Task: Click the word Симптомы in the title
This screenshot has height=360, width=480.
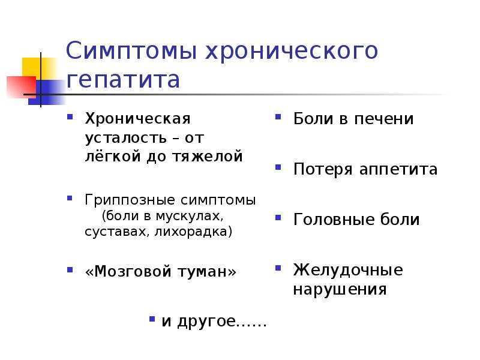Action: [x=131, y=52]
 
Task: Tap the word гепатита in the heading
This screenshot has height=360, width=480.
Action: [x=124, y=80]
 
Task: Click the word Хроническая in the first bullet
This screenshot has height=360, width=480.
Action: [x=137, y=119]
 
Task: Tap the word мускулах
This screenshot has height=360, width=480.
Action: [x=194, y=215]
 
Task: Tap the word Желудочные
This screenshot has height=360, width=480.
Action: [x=348, y=270]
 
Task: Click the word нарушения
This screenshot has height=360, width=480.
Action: [x=340, y=290]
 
